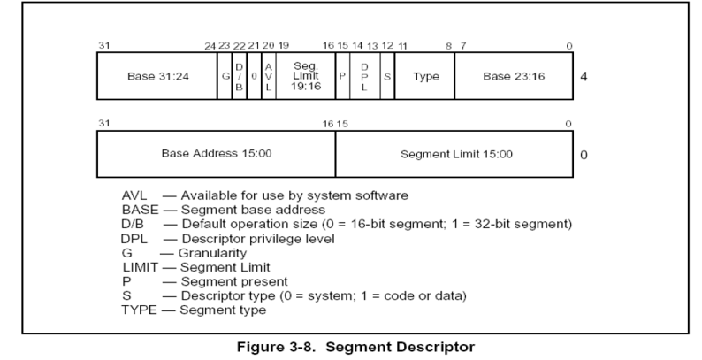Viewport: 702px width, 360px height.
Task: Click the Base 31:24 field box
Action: pos(156,76)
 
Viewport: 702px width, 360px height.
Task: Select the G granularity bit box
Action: pos(225,76)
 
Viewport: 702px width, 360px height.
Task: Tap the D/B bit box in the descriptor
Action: pos(239,76)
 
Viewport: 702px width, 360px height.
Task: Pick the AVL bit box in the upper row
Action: pos(269,76)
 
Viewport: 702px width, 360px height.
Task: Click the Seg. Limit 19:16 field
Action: pos(305,76)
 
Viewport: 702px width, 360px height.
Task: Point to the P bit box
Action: pos(342,76)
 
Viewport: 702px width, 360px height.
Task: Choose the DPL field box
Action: pos(364,76)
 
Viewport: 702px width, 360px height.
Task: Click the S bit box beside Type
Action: pos(387,76)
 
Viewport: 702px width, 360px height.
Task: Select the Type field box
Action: pos(425,76)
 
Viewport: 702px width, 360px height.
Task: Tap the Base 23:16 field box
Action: pos(515,76)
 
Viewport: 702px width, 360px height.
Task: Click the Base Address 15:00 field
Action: pos(216,153)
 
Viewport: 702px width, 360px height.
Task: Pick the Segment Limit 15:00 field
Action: pos(455,153)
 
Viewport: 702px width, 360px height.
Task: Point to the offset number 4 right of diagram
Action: pos(584,77)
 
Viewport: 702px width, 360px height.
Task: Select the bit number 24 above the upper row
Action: pos(210,45)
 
